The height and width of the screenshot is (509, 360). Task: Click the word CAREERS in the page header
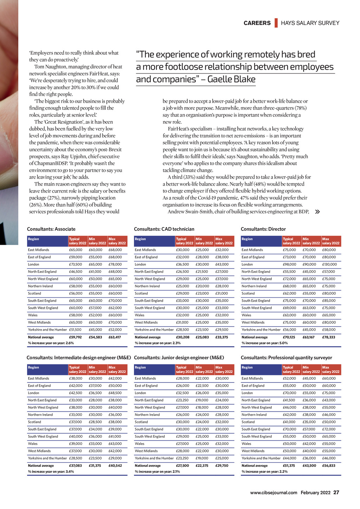pyautogui.click(x=257, y=23)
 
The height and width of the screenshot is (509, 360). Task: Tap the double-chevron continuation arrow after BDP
pyautogui.click(x=317, y=212)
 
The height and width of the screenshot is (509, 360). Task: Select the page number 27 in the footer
pyautogui.click(x=336, y=492)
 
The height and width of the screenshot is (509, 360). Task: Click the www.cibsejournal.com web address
pyautogui.click(x=274, y=493)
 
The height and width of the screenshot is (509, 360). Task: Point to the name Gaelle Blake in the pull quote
pyautogui.click(x=231, y=79)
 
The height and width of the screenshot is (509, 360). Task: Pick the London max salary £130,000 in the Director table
pyautogui.click(x=329, y=264)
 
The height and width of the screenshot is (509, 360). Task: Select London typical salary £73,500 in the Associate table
pyautogui.click(x=76, y=264)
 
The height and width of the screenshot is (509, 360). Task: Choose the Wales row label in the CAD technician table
pyautogui.click(x=140, y=315)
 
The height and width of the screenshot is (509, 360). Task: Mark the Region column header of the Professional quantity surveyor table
pyautogui.click(x=247, y=367)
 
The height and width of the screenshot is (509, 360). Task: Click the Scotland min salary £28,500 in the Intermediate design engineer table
pyautogui.click(x=95, y=422)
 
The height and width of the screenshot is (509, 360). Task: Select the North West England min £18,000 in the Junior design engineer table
pyautogui.click(x=202, y=407)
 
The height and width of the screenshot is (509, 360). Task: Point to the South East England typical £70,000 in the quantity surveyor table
pyautogui.click(x=289, y=429)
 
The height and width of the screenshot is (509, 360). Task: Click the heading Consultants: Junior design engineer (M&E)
pyautogui.click(x=179, y=358)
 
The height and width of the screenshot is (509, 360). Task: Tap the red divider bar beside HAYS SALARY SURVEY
pyautogui.click(x=276, y=23)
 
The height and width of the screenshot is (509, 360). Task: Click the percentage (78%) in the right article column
pyautogui.click(x=299, y=108)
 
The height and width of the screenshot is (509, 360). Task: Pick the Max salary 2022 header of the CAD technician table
pyautogui.click(x=224, y=241)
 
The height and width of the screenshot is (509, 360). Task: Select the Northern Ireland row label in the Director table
pyautogui.click(x=254, y=286)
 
